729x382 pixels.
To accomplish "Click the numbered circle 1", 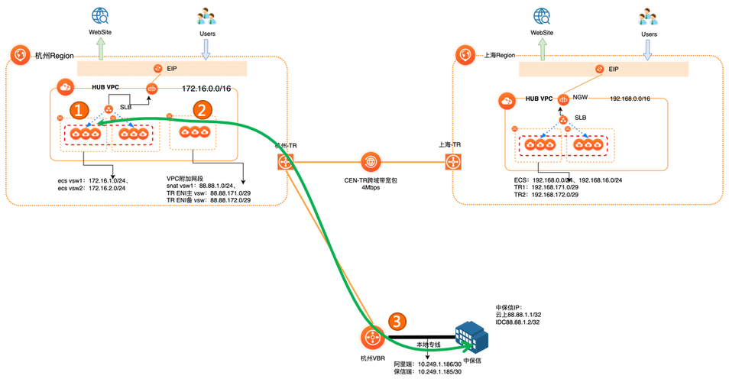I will point(78,110).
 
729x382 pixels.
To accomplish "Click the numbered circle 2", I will point(201,109).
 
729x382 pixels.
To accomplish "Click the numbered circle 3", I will point(396,322).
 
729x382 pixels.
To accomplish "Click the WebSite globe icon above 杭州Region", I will point(98,15).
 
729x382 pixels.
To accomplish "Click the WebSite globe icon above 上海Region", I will point(542,15).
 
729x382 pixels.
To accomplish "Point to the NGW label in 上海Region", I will point(581,99).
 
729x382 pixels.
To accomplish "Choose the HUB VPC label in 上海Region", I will point(539,99).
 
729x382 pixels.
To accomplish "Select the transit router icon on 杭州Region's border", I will point(286,162).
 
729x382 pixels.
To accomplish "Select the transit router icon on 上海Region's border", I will point(452,161).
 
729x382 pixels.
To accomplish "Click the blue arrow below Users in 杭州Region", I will point(205,48).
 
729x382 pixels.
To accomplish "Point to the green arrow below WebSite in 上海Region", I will point(543,48).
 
